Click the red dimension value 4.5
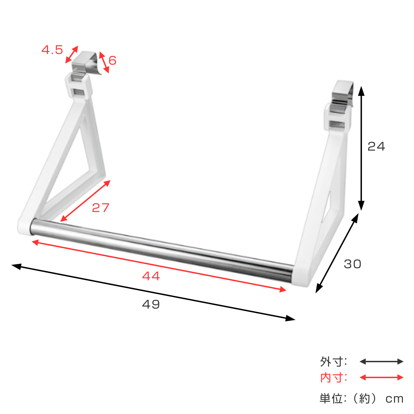(52, 50)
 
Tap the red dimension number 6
(112, 60)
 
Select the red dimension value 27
(100, 208)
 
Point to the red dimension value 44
(151, 276)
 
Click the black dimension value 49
(151, 304)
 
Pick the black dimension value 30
(353, 264)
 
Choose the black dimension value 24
(376, 147)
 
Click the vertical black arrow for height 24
(361, 148)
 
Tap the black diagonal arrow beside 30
(337, 253)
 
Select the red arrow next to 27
(85, 201)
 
